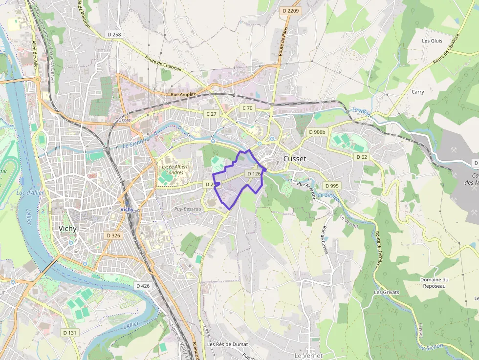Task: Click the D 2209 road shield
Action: point(290,10)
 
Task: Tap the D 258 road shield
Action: point(114,34)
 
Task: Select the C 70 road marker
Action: point(247,108)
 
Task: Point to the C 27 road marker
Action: point(211,114)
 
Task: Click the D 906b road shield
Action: point(317,132)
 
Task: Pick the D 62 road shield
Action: point(361,157)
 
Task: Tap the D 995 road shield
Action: point(331,186)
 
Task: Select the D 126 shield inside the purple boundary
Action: point(254,173)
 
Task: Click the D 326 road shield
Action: point(113,235)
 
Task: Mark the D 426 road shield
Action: point(143,285)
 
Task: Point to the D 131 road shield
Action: point(70,332)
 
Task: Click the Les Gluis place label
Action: point(432,41)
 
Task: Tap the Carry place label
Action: point(417,92)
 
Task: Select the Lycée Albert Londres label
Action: point(175,169)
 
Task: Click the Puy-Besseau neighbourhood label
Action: point(188,209)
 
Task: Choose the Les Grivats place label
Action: point(386,292)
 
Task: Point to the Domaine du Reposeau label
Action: point(434,282)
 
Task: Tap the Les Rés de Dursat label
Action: point(227,344)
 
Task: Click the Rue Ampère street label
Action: point(183,94)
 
